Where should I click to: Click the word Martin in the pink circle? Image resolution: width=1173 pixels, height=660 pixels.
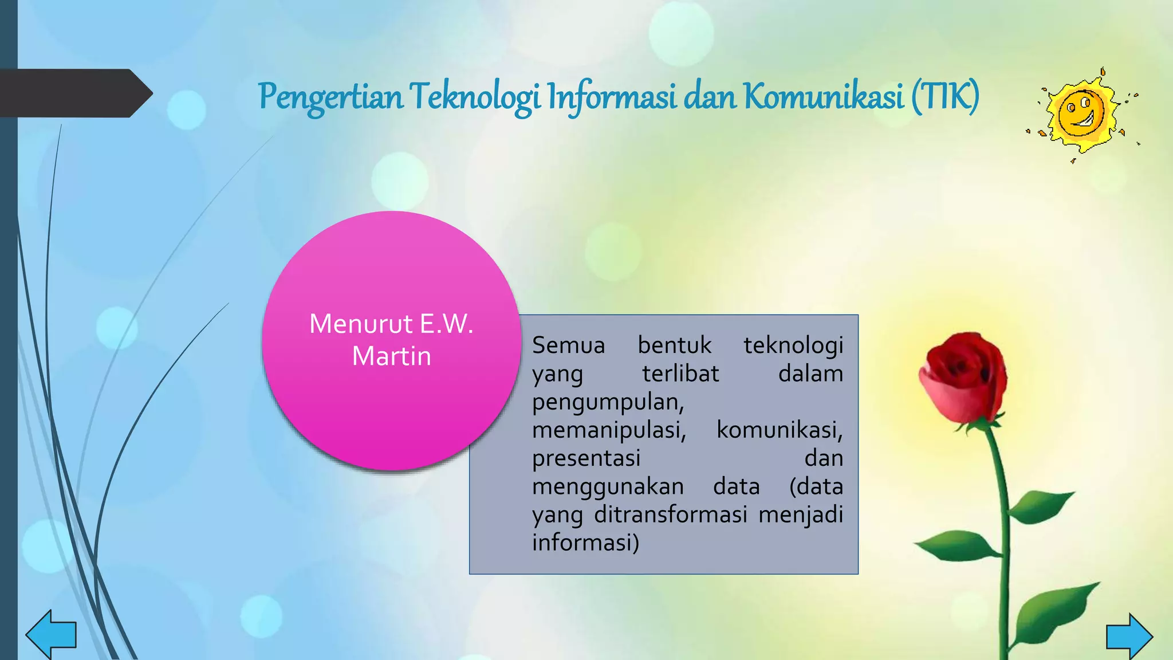point(391,356)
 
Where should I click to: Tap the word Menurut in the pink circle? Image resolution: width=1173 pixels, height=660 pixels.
point(361,324)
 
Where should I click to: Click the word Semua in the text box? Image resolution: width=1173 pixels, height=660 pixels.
point(568,345)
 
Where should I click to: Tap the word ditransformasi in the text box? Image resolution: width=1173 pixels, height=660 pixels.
point(670,514)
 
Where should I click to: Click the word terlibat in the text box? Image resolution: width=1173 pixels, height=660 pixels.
point(680,374)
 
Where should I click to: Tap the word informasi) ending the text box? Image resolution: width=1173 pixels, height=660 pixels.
point(585,543)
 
